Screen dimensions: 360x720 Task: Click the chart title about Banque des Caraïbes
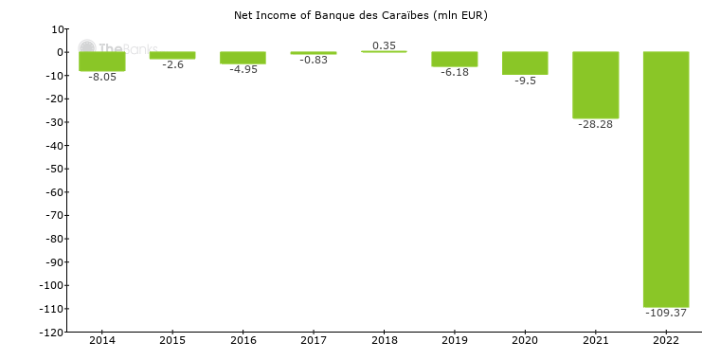tap(360, 15)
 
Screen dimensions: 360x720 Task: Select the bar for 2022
tap(666, 179)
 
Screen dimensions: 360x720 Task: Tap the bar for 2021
tap(595, 85)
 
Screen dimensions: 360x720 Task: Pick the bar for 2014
tap(102, 62)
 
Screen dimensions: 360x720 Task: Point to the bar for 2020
tap(525, 63)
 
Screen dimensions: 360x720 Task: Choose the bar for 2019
tap(455, 60)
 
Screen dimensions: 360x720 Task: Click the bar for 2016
tap(243, 58)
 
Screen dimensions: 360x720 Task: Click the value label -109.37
tap(666, 313)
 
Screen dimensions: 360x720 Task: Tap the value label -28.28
tap(595, 124)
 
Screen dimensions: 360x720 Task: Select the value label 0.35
tap(384, 45)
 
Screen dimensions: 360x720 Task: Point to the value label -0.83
tap(314, 61)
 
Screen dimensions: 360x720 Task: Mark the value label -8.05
tap(102, 77)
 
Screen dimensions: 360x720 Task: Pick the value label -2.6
tap(172, 64)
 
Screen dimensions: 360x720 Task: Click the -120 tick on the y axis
tap(50, 333)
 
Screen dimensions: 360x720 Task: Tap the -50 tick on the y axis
tap(53, 170)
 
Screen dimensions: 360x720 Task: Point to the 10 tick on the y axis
tap(57, 29)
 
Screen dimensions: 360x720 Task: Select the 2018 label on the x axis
tap(384, 340)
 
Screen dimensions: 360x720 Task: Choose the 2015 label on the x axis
tap(172, 340)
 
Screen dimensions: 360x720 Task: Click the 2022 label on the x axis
tap(666, 340)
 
